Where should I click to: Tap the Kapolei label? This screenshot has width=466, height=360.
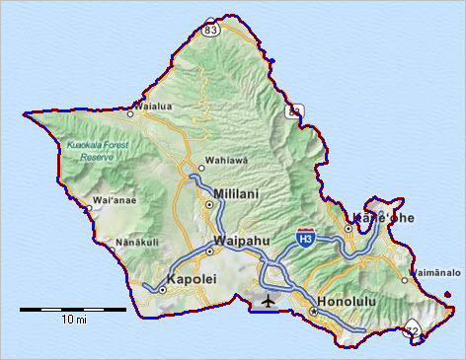pos(193,280)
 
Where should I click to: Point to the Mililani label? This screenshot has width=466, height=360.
pos(236,194)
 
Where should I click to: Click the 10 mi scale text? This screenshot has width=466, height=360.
pos(73,321)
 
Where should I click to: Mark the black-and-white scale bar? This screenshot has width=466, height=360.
pos(73,309)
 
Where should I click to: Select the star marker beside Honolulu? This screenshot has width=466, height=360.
pos(313,312)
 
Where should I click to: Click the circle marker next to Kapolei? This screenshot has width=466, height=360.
pos(162,290)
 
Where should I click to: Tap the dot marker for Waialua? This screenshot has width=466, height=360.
pos(129,113)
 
